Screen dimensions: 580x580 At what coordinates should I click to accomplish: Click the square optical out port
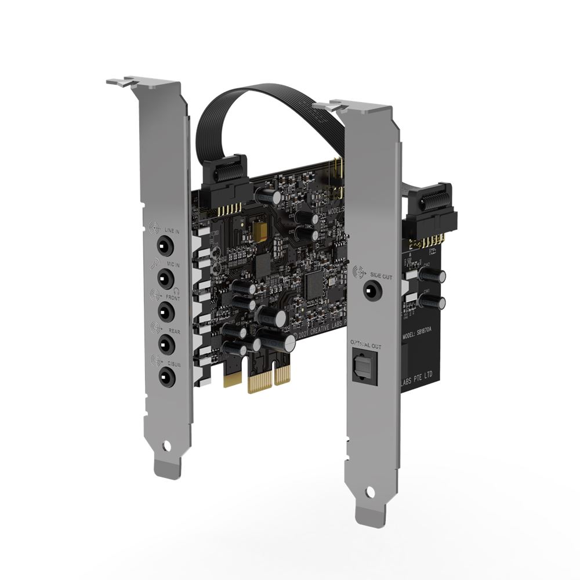coord(365,367)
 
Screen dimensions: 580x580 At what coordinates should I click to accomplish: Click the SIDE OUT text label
coord(382,277)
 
